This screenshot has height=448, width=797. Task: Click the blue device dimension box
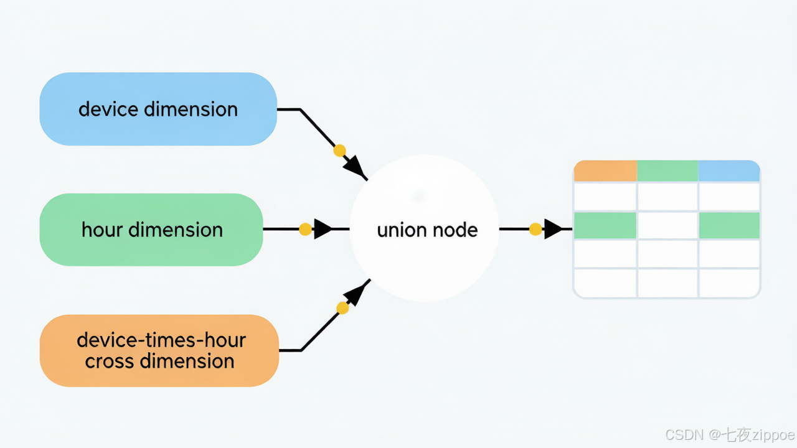pyautogui.click(x=158, y=109)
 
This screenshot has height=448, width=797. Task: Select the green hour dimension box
pyautogui.click(x=151, y=230)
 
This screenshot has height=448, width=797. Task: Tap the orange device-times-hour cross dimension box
pyautogui.click(x=159, y=350)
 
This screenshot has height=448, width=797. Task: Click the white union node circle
pyautogui.click(x=424, y=228)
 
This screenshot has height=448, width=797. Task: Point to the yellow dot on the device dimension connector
pyautogui.click(x=339, y=151)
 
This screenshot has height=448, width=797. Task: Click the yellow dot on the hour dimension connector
pyautogui.click(x=305, y=230)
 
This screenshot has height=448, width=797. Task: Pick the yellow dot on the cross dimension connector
pyautogui.click(x=342, y=308)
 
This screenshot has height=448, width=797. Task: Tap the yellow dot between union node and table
pyautogui.click(x=535, y=230)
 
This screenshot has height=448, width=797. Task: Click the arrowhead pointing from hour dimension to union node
pyautogui.click(x=323, y=229)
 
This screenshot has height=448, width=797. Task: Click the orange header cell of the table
pyautogui.click(x=605, y=171)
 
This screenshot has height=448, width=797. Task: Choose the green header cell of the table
pyautogui.click(x=667, y=171)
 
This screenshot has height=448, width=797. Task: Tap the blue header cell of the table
pyautogui.click(x=729, y=171)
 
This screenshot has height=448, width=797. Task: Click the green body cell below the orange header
pyautogui.click(x=605, y=225)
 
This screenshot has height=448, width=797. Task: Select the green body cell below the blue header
pyautogui.click(x=729, y=225)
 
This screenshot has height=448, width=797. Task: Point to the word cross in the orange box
pyautogui.click(x=111, y=362)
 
